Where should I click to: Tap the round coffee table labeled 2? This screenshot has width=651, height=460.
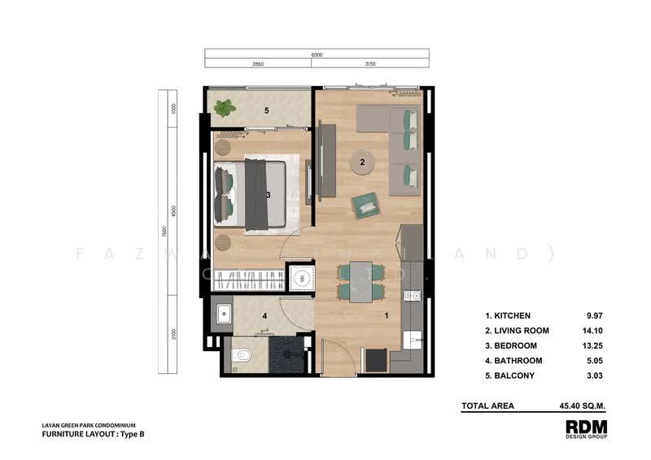(x=361, y=163)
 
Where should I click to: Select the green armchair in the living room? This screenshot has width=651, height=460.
(x=365, y=205)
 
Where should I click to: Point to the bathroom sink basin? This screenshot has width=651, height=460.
(x=223, y=312)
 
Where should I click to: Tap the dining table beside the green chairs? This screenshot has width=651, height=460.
(x=359, y=282)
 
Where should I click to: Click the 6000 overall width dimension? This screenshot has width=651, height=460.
(x=317, y=54)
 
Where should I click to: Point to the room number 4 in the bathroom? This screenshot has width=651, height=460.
(x=264, y=316)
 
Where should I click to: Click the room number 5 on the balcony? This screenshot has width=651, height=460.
(x=265, y=109)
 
